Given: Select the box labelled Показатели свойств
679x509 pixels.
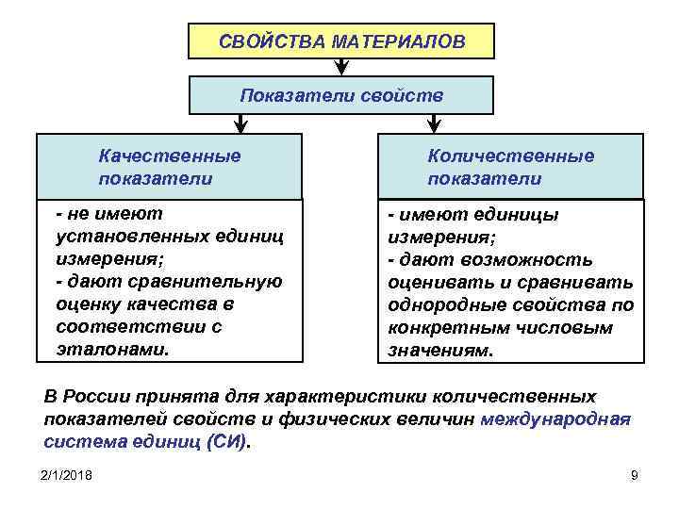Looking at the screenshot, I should [x=340, y=95].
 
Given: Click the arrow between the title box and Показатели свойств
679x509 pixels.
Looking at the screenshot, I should [x=341, y=68].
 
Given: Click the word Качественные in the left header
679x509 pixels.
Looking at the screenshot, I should [x=170, y=156].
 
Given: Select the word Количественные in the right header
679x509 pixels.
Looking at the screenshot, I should [x=510, y=156].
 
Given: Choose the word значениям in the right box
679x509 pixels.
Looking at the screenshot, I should [x=439, y=350].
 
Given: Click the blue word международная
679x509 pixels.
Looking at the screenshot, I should [x=555, y=419].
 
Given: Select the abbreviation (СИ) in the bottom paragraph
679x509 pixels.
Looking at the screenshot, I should [x=228, y=441].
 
